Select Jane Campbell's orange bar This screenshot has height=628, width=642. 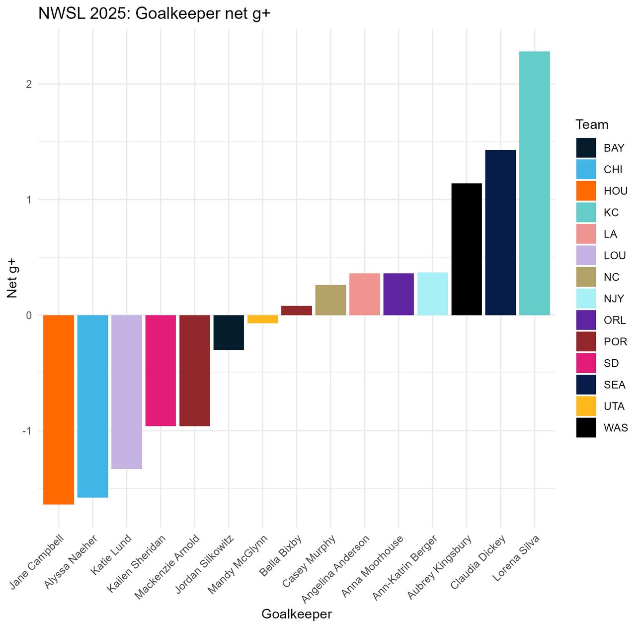pos(59,410)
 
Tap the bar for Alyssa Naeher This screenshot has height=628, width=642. pos(92,406)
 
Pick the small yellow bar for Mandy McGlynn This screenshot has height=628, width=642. pos(262,319)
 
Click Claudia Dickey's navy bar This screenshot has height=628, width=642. pos(500,232)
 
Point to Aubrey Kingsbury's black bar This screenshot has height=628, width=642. pos(467,249)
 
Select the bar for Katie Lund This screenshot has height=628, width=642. pos(127,392)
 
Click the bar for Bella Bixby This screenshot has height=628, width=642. pos(297,311)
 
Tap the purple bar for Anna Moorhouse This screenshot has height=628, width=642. pos(399,294)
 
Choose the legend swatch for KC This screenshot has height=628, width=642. pos(586,212)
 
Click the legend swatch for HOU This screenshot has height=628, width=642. pos(586,191)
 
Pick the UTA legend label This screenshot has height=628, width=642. pos(614,407)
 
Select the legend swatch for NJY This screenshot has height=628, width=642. pos(586,299)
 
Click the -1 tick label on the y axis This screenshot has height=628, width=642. pos(27,431)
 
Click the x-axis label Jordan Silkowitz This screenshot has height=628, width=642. pos(204,564)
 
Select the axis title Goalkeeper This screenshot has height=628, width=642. pos(297,614)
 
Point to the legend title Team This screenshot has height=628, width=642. pos(592,124)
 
